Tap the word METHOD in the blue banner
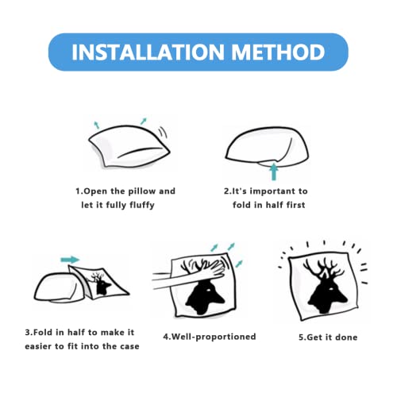click(x=279, y=52)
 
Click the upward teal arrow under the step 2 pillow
click(x=274, y=172)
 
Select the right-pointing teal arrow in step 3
click(x=70, y=260)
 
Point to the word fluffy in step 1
click(x=142, y=205)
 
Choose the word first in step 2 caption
click(x=295, y=205)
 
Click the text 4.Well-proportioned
click(x=210, y=337)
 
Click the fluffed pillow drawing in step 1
click(x=129, y=146)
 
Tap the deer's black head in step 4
click(x=204, y=298)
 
